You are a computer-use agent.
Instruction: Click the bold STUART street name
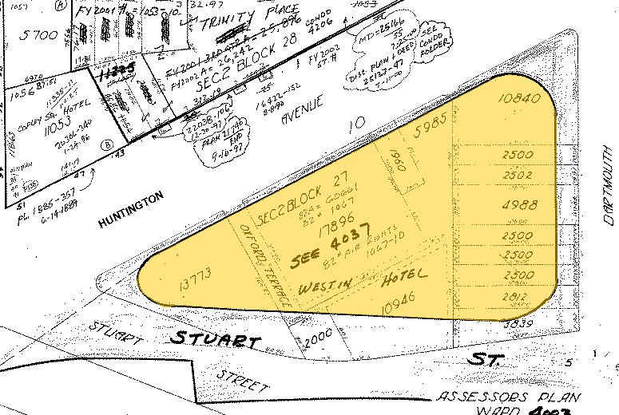[216, 340]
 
